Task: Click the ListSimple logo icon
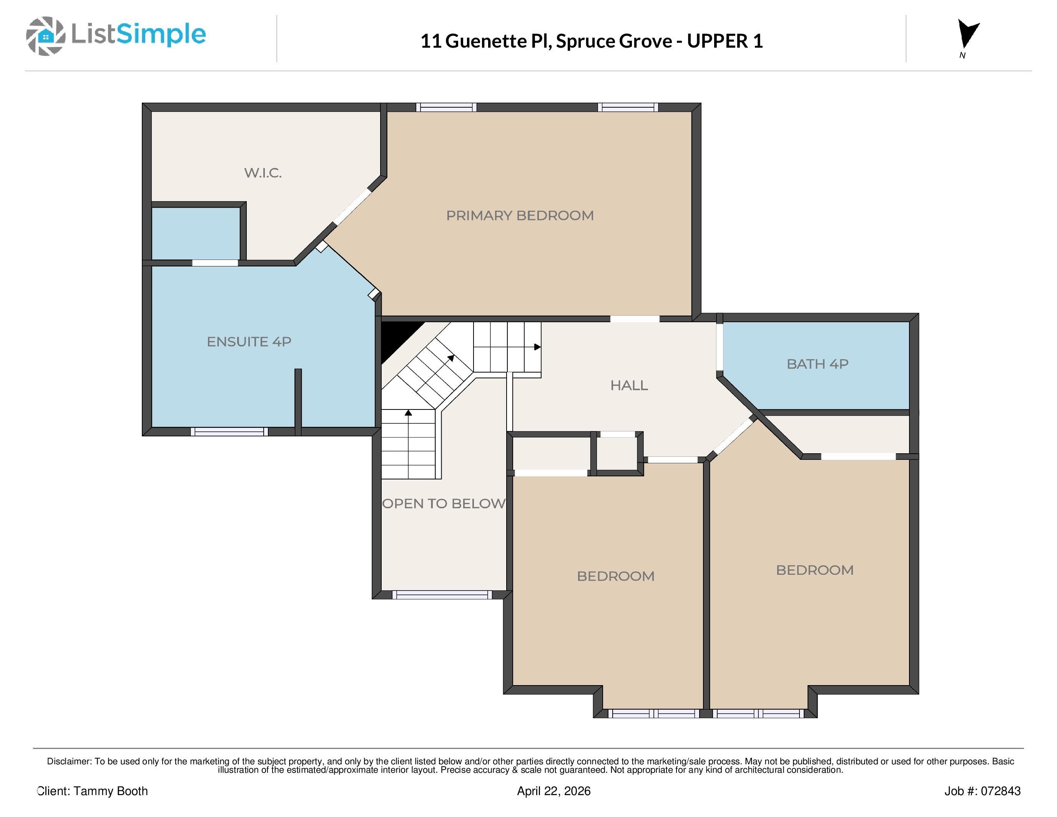(x=45, y=36)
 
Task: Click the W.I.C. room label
(x=263, y=173)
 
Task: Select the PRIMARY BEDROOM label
(x=520, y=215)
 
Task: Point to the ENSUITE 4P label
(x=249, y=342)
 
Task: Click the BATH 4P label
(x=818, y=364)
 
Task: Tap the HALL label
(x=629, y=385)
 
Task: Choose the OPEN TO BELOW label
(x=444, y=503)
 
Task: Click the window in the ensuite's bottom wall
(x=229, y=432)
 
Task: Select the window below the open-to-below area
(x=442, y=595)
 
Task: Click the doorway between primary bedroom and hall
(x=635, y=319)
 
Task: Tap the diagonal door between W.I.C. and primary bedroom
(x=352, y=207)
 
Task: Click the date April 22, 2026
(x=553, y=791)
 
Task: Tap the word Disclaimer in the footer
(x=69, y=761)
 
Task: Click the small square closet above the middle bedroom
(x=616, y=453)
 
